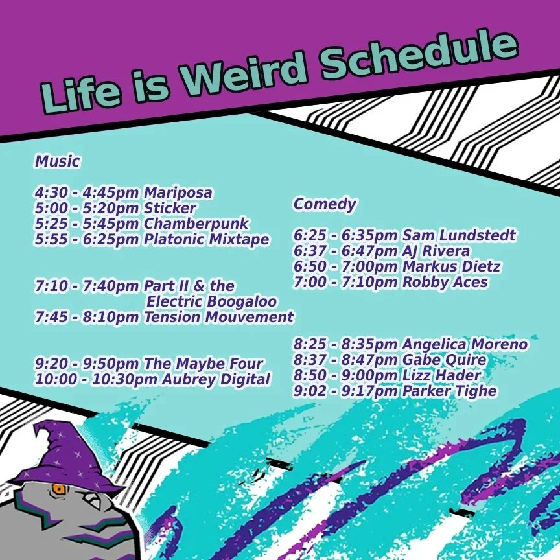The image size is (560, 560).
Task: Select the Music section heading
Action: pyautogui.click(x=58, y=161)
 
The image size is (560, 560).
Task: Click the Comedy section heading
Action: pyautogui.click(x=325, y=204)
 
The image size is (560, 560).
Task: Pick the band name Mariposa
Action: pyautogui.click(x=178, y=193)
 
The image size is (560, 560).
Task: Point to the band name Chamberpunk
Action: pyautogui.click(x=196, y=224)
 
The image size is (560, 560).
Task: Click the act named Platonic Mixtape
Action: pyautogui.click(x=207, y=240)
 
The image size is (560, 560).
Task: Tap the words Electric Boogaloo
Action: pyautogui.click(x=211, y=301)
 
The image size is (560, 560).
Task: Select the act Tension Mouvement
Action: pyautogui.click(x=218, y=317)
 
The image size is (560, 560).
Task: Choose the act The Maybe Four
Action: pyautogui.click(x=204, y=364)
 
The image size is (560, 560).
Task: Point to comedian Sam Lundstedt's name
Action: pyautogui.click(x=459, y=235)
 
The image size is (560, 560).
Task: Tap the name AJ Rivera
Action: pyautogui.click(x=436, y=251)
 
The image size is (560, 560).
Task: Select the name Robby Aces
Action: pyautogui.click(x=445, y=282)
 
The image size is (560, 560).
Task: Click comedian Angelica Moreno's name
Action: pyautogui.click(x=465, y=344)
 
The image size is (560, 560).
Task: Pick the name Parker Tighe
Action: pyautogui.click(x=449, y=391)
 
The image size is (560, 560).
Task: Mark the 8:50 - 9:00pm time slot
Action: pyautogui.click(x=345, y=375)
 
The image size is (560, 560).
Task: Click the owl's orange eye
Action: pyautogui.click(x=59, y=489)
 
